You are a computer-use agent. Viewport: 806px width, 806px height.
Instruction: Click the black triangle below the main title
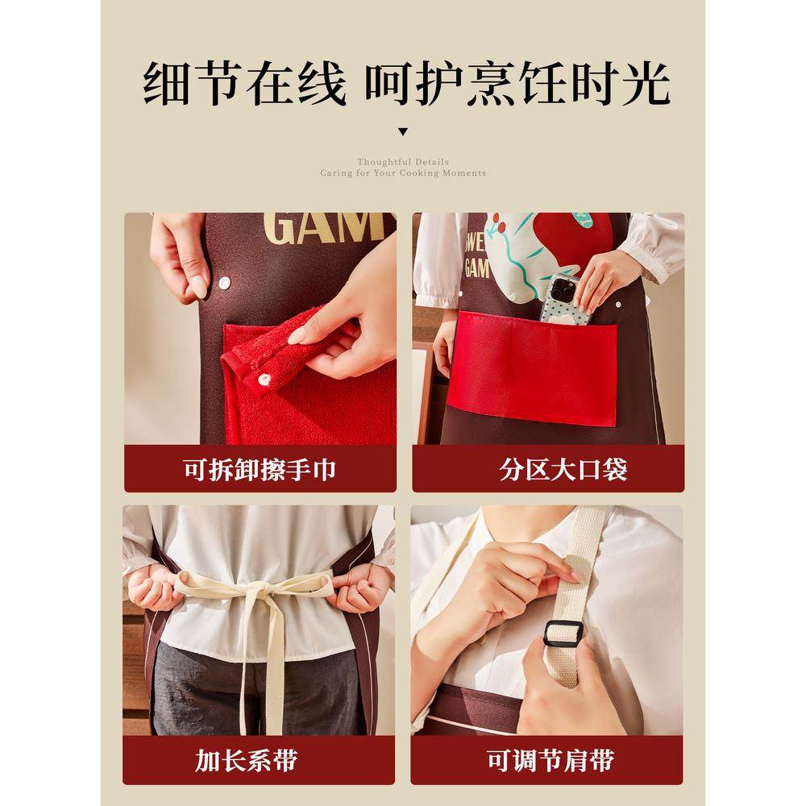tap(403, 131)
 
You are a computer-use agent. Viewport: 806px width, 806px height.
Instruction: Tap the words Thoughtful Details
tap(403, 162)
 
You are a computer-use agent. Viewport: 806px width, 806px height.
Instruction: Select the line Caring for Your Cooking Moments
tap(403, 173)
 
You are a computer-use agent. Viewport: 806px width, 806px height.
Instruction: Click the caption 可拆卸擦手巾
tap(260, 469)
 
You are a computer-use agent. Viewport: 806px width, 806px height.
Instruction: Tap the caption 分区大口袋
tap(548, 469)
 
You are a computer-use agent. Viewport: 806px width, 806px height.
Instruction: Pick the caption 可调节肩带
tap(548, 760)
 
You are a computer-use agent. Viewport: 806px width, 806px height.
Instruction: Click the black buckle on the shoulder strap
tap(563, 635)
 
